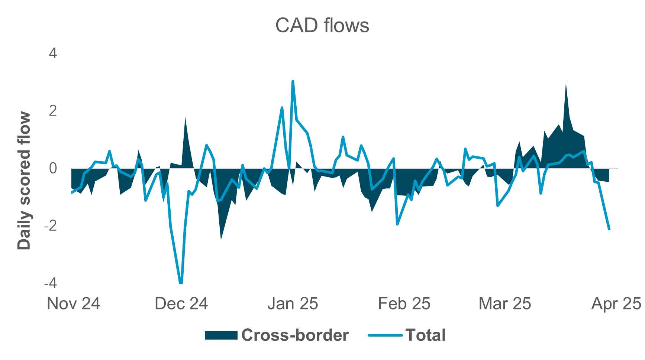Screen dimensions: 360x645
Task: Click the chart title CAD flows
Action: (322, 26)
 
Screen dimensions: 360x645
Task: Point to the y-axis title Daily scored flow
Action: (24, 181)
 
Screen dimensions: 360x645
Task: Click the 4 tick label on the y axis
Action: (53, 53)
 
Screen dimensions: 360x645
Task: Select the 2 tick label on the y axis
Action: (53, 111)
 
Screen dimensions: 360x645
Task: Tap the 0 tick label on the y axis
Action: (53, 168)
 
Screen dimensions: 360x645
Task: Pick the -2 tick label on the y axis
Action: (51, 226)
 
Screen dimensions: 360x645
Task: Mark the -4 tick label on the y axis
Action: (51, 283)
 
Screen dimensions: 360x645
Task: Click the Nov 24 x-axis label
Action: (73, 304)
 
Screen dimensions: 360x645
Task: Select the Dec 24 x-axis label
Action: (181, 304)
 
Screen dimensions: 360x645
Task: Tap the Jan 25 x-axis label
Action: (293, 304)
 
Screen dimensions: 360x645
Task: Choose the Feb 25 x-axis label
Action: (404, 304)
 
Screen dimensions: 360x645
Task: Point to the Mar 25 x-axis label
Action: (504, 304)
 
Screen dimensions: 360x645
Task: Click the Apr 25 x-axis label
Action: (616, 304)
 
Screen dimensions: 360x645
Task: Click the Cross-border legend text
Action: (295, 335)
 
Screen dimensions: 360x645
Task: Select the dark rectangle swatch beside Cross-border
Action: (221, 335)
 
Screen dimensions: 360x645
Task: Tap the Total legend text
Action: (425, 335)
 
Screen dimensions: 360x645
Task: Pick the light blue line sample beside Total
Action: (385, 335)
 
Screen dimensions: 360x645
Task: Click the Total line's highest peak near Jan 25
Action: (293, 81)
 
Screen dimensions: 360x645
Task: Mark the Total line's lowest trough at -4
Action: (181, 283)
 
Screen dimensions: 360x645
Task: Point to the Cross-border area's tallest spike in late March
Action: (566, 84)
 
